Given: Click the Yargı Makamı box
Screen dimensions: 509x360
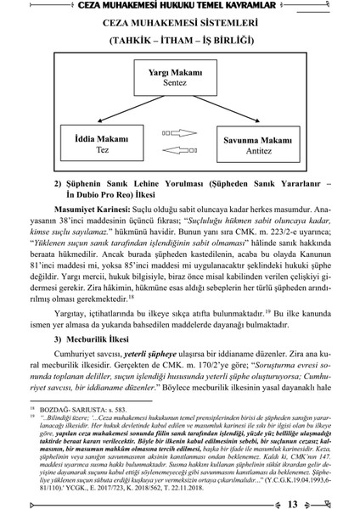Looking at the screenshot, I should (180, 78).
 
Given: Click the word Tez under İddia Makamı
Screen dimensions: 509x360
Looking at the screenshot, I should (95, 147).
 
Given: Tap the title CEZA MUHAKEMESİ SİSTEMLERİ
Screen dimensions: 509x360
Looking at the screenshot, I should (179, 25).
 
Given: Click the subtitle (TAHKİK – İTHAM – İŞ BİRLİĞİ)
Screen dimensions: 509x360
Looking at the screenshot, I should (179, 40).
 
